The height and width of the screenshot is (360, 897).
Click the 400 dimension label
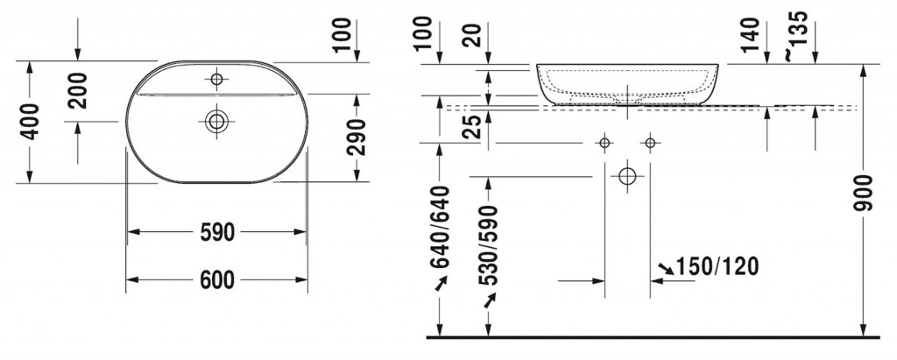pos(30,122)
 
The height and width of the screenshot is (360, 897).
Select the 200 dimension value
pos(79,89)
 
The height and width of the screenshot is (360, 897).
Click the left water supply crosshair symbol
pos(604,143)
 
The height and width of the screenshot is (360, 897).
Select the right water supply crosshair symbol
pos(650,143)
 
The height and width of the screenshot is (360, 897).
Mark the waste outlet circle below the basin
pos(627,176)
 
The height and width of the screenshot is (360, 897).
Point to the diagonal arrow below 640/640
pos(440,284)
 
